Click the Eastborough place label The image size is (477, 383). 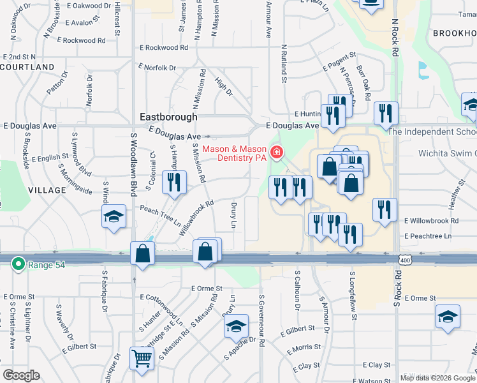point(168,117)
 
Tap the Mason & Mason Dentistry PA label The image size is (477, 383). point(233,154)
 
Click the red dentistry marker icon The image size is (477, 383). point(277,152)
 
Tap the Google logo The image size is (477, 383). point(20,375)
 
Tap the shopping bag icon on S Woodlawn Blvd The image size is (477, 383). point(143,253)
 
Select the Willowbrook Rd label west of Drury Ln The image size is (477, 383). point(195,218)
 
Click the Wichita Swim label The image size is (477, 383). point(446,153)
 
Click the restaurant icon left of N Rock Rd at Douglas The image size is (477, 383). point(386,114)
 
